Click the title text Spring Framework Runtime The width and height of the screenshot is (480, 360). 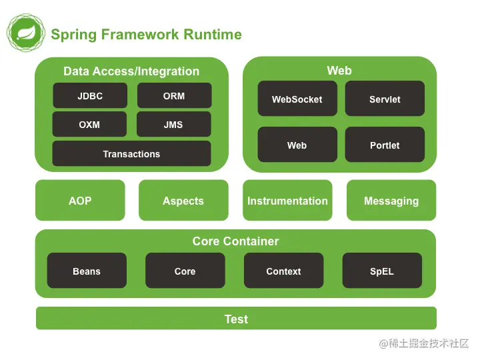[x=146, y=35]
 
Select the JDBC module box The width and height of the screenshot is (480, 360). [x=90, y=96]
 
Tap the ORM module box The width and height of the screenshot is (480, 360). [x=174, y=96]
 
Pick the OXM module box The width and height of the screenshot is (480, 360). [x=89, y=125]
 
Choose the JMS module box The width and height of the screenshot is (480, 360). [x=173, y=125]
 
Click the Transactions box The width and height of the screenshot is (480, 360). [x=131, y=154]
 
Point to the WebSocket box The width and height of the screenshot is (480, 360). [x=297, y=99]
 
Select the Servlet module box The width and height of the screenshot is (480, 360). [x=385, y=99]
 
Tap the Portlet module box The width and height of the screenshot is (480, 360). [x=385, y=145]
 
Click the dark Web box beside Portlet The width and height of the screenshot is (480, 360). [x=297, y=145]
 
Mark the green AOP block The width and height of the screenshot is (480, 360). [x=80, y=201]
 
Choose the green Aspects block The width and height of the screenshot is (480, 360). [x=183, y=201]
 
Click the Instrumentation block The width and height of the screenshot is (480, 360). [x=287, y=201]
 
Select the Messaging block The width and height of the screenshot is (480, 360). [x=391, y=201]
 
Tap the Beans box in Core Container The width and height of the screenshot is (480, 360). [x=87, y=271]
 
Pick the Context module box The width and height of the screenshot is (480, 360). [x=283, y=271]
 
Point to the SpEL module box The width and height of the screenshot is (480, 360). [x=382, y=271]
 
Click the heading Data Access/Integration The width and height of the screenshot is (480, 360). [x=131, y=71]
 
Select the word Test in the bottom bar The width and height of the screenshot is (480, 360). [x=236, y=319]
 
